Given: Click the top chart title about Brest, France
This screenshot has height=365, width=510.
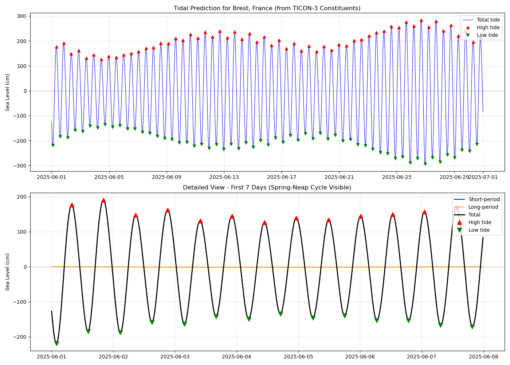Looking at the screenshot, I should click(x=267, y=8).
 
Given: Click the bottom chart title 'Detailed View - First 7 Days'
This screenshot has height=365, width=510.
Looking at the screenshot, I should click(x=267, y=188).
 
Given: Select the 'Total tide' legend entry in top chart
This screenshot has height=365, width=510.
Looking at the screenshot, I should click(x=488, y=20).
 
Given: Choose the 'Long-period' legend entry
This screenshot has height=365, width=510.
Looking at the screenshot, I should click(x=483, y=207).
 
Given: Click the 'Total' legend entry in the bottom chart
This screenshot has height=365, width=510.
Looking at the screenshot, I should click(x=474, y=215).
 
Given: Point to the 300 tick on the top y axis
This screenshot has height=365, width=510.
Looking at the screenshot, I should click(x=21, y=16).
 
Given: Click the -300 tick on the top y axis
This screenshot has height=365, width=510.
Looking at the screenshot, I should click(x=20, y=166).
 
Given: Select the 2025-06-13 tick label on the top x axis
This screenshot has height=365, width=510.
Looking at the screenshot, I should click(x=224, y=177).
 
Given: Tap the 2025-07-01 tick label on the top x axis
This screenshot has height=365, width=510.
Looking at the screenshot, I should click(x=483, y=177).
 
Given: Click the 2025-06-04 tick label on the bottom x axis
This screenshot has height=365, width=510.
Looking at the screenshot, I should click(x=237, y=357).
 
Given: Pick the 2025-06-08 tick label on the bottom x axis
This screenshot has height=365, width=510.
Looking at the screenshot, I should click(x=483, y=357).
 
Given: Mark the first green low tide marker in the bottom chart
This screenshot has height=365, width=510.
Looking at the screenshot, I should click(x=56, y=343).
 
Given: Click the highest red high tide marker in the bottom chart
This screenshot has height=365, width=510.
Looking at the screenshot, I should click(x=103, y=200).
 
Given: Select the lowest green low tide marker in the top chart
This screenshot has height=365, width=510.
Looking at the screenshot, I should click(x=425, y=164).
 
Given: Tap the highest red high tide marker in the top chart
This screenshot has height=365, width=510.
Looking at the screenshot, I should click(x=421, y=20).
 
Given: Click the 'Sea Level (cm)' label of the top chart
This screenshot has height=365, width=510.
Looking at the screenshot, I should click(x=8, y=92).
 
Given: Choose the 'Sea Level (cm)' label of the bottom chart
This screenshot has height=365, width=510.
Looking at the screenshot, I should click(x=8, y=272).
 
